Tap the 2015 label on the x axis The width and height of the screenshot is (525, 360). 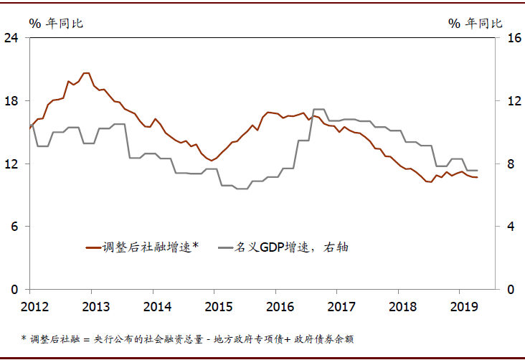click(219, 307)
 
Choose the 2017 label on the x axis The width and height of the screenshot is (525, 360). click(341, 307)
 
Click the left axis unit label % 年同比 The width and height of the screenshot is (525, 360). click(56, 23)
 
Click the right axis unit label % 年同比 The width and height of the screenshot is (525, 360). click(476, 23)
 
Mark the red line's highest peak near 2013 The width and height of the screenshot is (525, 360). click(86, 73)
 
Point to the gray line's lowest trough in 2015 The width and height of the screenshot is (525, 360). click(241, 189)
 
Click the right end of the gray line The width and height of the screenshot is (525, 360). click(478, 171)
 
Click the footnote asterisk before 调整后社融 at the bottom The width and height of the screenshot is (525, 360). click(24, 338)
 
